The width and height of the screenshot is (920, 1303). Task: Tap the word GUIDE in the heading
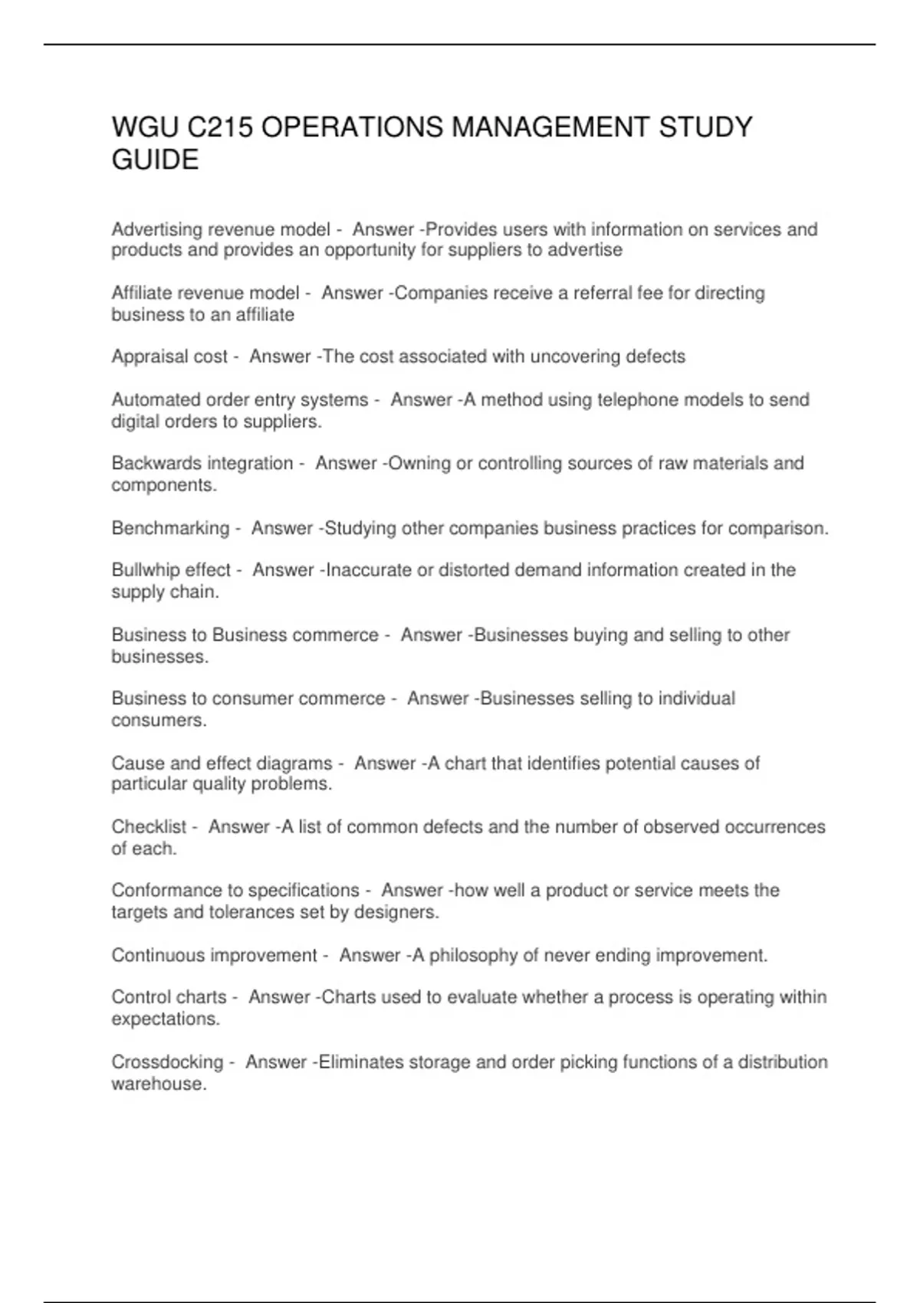click(155, 159)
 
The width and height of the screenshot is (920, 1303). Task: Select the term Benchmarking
click(170, 528)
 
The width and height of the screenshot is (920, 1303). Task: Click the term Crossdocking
click(166, 1062)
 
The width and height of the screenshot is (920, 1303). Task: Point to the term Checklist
click(149, 827)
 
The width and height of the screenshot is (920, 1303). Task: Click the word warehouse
click(159, 1085)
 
